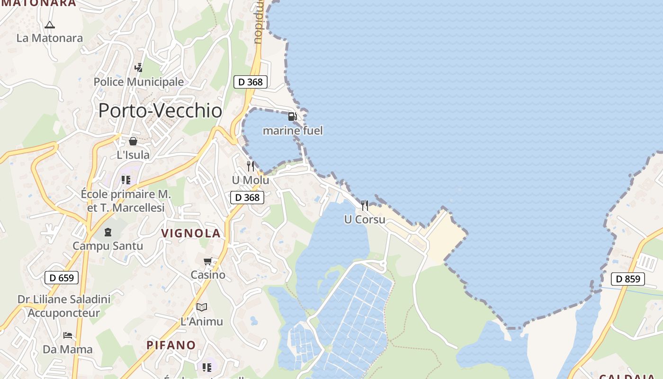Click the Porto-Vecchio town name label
(x=160, y=110)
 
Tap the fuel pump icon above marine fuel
(x=293, y=117)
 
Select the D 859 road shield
(x=628, y=279)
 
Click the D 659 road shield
(x=62, y=278)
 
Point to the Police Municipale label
(x=138, y=82)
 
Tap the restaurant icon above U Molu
(x=251, y=166)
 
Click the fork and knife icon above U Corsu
(x=365, y=205)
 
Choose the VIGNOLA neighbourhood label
(x=191, y=233)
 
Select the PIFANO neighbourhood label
(x=171, y=345)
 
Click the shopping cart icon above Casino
(x=207, y=261)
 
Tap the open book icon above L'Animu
(x=202, y=307)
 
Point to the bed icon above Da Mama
(x=68, y=335)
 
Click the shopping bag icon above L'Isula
(x=133, y=141)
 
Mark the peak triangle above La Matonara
(x=50, y=25)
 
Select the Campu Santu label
(x=108, y=246)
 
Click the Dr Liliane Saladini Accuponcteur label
(x=64, y=306)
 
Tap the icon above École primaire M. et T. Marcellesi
(x=125, y=180)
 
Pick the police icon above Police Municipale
(x=138, y=68)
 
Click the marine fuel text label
(x=293, y=131)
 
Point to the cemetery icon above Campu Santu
(x=108, y=232)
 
